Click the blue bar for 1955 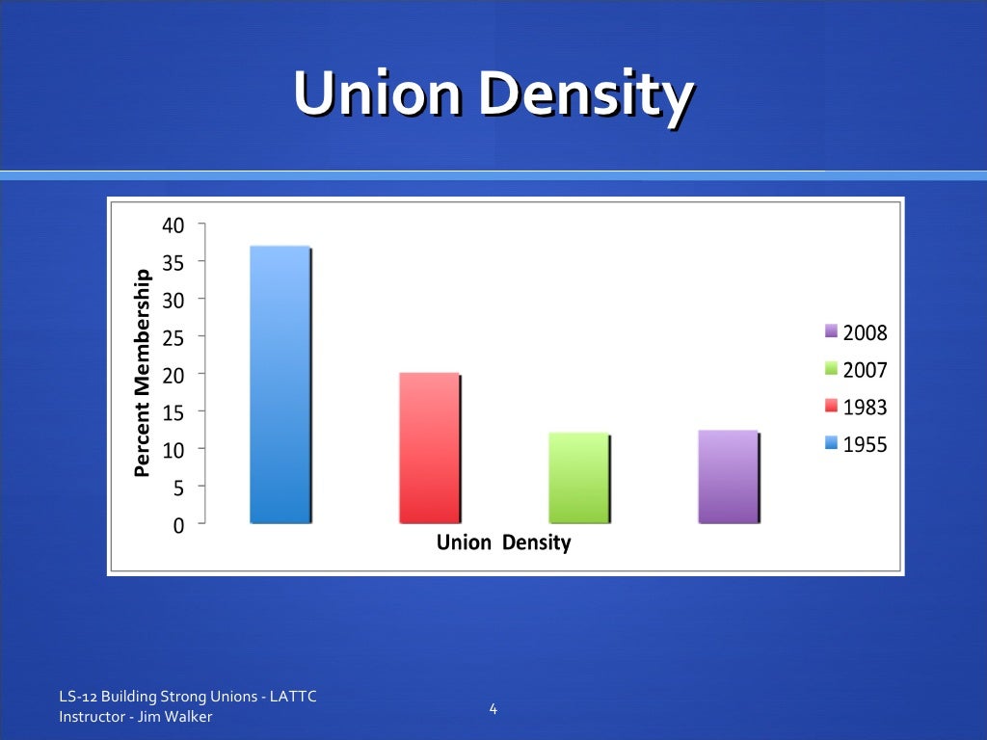tap(280, 384)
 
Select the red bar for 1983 tap(429, 448)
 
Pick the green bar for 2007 tap(578, 478)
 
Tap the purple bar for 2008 tap(728, 477)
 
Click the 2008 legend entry tap(856, 333)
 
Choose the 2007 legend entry tap(856, 371)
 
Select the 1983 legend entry tap(856, 408)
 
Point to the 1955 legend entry tap(856, 444)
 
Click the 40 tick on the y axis tap(173, 225)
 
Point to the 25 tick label tap(173, 337)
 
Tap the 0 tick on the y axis tap(178, 525)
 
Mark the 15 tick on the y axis tap(173, 412)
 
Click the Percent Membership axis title tap(143, 374)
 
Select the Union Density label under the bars tap(503, 542)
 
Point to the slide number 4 tap(493, 710)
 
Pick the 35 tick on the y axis tap(173, 262)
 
